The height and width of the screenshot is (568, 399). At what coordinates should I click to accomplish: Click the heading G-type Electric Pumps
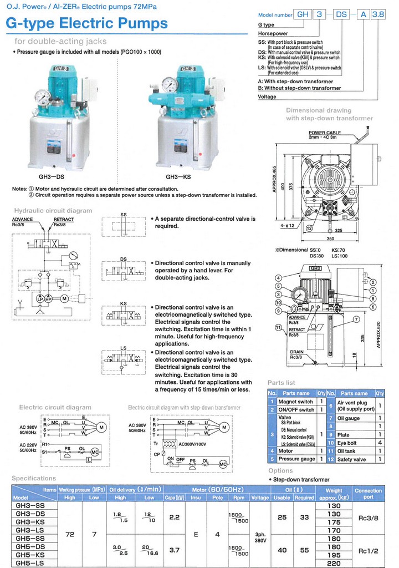pyautogui.click(x=86, y=24)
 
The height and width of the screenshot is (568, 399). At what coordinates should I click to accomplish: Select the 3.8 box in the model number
pyautogui.click(x=377, y=16)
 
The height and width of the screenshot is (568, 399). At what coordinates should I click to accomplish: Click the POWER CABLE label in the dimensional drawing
pyautogui.click(x=324, y=133)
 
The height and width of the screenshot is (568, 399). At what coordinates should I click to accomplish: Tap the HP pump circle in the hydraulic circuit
pyautogui.click(x=48, y=298)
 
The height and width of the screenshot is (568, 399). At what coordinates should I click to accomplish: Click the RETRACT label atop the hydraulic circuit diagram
pyautogui.click(x=64, y=220)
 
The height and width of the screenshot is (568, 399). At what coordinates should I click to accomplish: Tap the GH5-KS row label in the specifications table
pyautogui.click(x=30, y=554)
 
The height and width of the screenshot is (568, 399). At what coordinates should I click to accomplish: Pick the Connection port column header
pyautogui.click(x=368, y=494)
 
